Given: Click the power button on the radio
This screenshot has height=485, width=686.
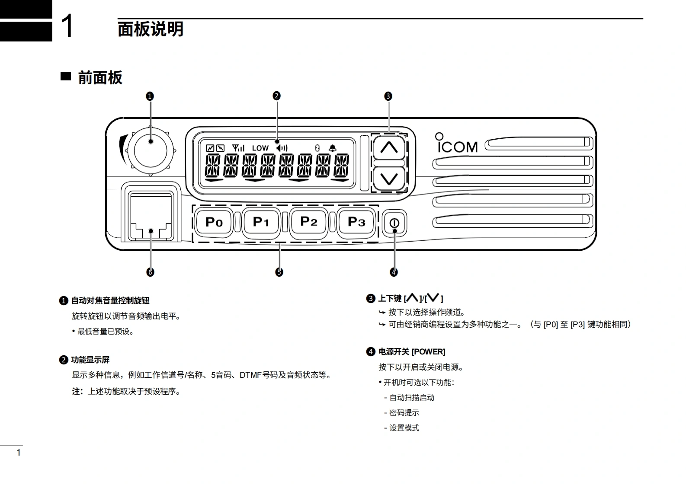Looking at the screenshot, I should coord(394,223).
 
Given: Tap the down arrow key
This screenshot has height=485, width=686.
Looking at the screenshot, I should coord(389,178).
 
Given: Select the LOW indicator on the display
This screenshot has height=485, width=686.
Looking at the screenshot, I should coord(260,148).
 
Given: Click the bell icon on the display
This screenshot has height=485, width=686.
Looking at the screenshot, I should coord(332,148).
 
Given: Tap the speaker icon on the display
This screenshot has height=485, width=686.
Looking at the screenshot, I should coord(282,148).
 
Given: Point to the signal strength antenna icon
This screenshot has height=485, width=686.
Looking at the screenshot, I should coord(238,148).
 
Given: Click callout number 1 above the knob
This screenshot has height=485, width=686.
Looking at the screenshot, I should coord(150,96).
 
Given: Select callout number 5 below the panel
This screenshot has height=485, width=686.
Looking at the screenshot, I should coord(279,272).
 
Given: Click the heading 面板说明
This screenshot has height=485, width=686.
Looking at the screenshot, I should coord(151,29).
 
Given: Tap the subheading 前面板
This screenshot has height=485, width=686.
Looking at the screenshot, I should coord(100,78).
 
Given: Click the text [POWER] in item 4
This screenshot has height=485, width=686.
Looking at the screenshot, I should coord(428,352).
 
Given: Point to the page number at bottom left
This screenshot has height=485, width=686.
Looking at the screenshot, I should coord(18,453).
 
